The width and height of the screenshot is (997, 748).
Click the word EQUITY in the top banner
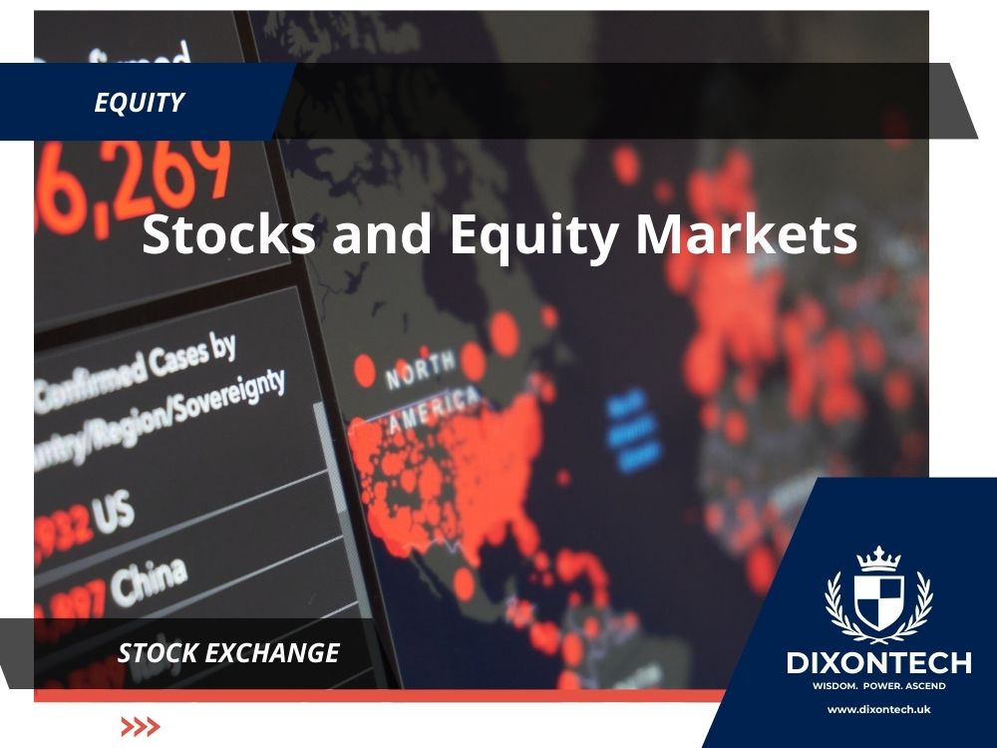click(x=140, y=102)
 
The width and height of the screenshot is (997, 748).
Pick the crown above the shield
click(x=864, y=558)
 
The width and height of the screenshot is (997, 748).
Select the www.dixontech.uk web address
click(x=864, y=709)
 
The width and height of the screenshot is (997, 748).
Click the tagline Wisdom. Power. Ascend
click(x=864, y=686)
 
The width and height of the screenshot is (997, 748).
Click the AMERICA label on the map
click(x=434, y=408)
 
